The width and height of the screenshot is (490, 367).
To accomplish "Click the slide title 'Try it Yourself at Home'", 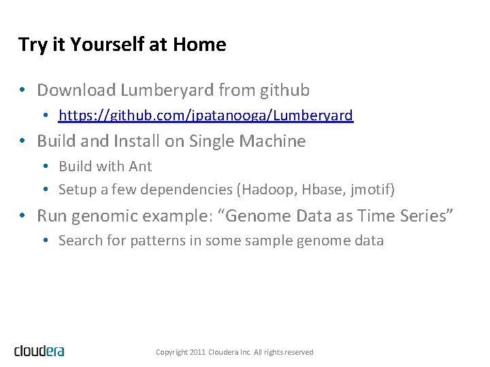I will pos(122,45).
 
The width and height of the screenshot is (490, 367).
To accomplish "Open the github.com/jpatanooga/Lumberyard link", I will pos(206,116).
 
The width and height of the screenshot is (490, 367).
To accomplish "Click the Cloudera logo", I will pos(39,351).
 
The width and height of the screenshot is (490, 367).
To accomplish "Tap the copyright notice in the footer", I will pos(234,352).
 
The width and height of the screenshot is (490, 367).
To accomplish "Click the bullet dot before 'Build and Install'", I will pos(22,141).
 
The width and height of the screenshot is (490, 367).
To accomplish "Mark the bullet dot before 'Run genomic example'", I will pos(22,216).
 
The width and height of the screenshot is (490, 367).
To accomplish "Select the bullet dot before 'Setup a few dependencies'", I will pos(44,190).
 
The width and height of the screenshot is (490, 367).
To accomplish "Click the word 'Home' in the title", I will pos(199,45).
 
